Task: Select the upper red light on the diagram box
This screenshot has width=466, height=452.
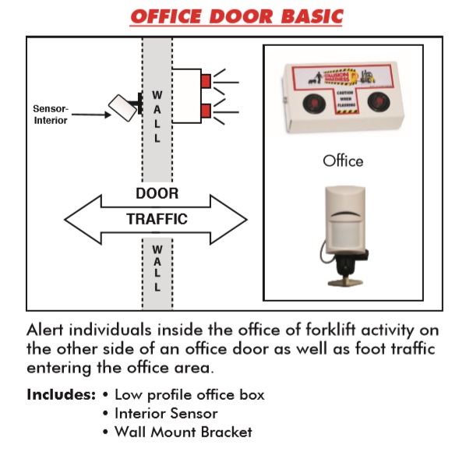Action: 207,81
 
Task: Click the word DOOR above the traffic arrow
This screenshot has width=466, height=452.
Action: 157,193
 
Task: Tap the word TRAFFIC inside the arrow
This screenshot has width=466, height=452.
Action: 157,219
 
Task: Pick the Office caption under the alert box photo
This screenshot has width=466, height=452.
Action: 343,161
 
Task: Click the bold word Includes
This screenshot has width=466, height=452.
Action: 60,394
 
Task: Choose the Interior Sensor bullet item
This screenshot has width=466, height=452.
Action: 165,413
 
